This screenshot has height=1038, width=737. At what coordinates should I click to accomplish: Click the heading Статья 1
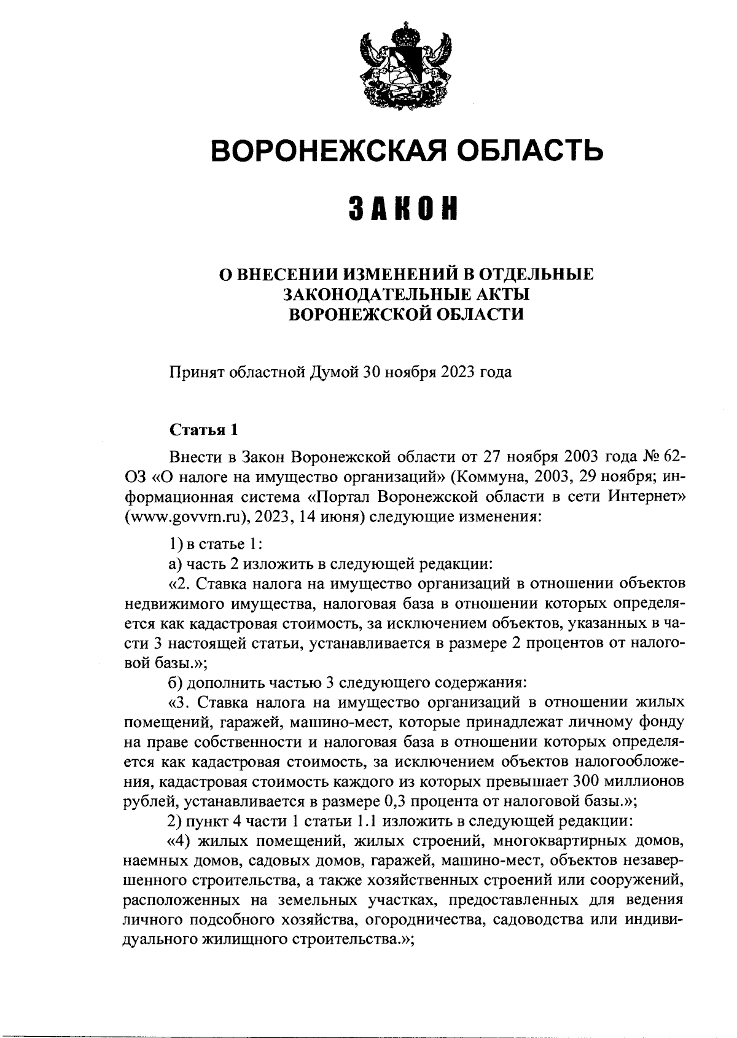coord(203,429)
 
